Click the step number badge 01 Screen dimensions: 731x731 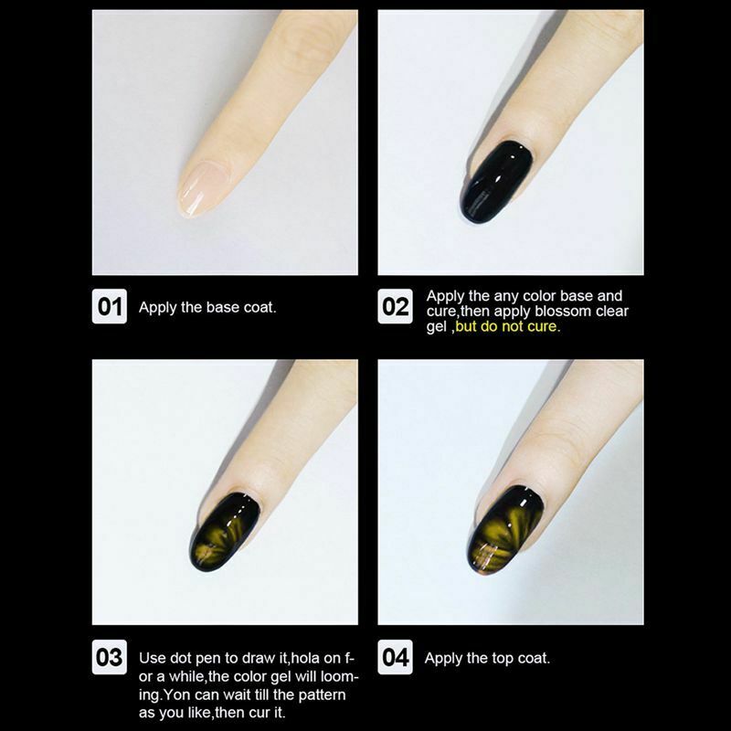pos(110,306)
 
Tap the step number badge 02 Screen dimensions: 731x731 pos(395,306)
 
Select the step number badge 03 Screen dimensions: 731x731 pos(110,657)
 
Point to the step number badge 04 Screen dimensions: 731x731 pos(395,657)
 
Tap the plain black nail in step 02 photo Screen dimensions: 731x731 pos(496,182)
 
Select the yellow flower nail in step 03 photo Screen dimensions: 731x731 pos(224,533)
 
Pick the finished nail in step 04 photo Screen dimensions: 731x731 pos(505,530)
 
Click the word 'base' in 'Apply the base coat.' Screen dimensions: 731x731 pos(223,307)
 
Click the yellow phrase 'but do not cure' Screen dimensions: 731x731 pos(506,326)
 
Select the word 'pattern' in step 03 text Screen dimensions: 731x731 pos(323,694)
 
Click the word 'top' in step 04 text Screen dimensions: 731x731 pos(502,658)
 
